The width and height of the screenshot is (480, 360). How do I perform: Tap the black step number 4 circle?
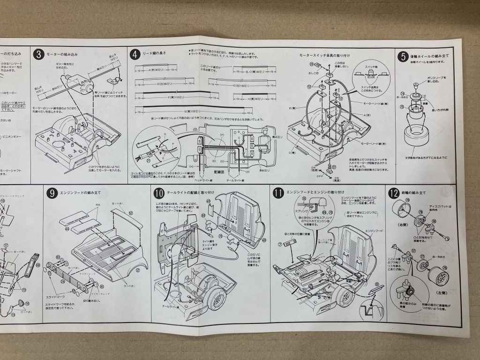tap(135, 54)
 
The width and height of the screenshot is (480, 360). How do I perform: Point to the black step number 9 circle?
tap(52, 193)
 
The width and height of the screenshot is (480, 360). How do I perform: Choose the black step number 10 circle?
tap(158, 193)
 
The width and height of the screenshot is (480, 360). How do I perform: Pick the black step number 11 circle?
tap(278, 193)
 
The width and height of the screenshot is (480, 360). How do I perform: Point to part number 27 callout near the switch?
tap(333, 166)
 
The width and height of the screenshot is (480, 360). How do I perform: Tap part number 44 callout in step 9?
tap(67, 229)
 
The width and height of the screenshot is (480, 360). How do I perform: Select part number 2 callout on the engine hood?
tap(138, 270)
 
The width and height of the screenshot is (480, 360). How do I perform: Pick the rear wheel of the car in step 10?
tap(217, 300)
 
